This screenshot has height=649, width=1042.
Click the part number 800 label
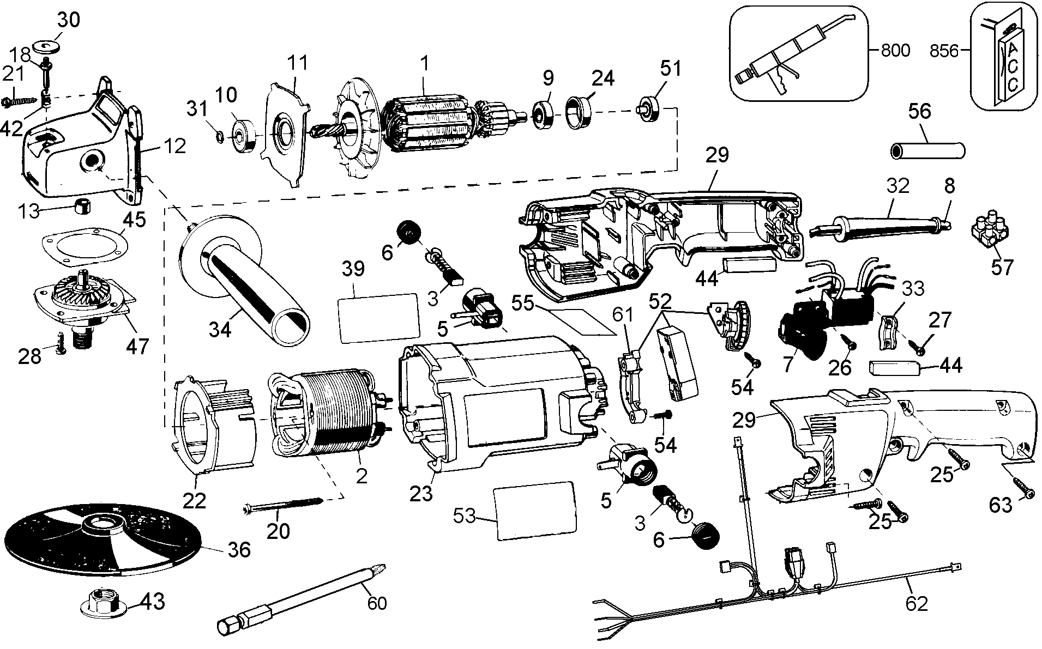(895, 51)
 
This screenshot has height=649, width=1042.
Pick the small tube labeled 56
(927, 150)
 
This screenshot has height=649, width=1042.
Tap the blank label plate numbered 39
(379, 318)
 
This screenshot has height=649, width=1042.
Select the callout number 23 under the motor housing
(421, 494)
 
